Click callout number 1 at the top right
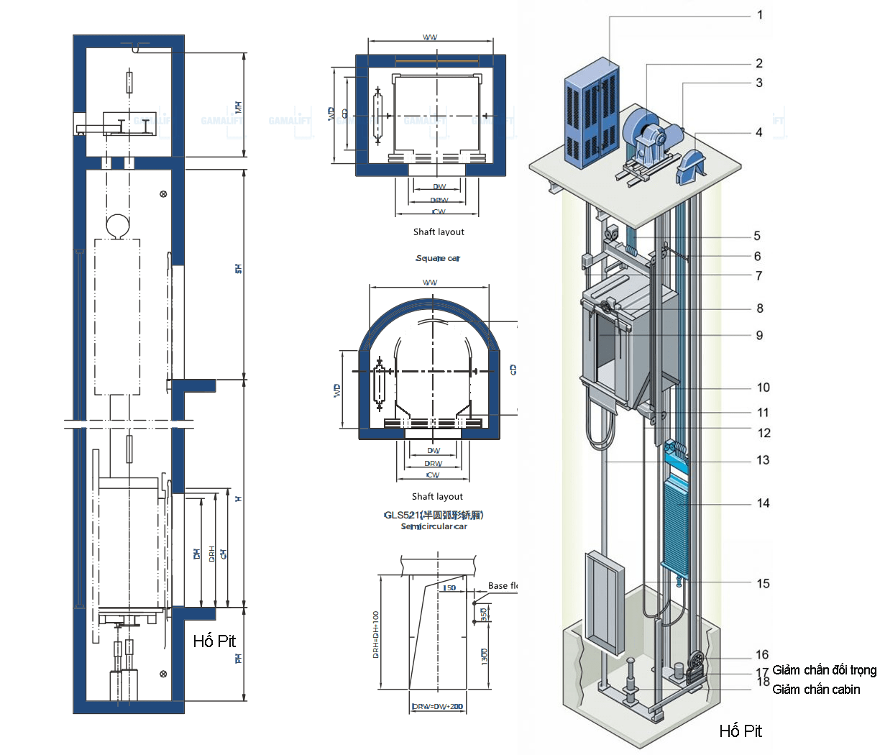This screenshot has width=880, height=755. click(760, 14)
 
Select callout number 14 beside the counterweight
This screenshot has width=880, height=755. click(763, 503)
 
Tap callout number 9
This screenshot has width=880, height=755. click(759, 335)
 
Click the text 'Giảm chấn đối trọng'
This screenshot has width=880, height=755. click(824, 670)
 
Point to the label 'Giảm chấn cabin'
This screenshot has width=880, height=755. click(816, 690)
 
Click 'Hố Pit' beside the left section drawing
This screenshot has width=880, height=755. click(214, 641)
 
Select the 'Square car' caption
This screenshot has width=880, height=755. click(437, 258)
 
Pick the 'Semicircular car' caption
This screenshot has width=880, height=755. click(434, 526)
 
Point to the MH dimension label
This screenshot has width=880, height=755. click(239, 107)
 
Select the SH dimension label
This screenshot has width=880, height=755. click(238, 268)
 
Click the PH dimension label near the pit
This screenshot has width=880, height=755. click(238, 658)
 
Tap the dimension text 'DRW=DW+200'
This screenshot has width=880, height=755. click(437, 707)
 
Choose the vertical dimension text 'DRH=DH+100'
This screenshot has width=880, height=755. click(376, 635)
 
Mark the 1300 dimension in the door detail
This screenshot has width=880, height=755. click(484, 655)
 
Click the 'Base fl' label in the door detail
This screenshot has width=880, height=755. click(503, 586)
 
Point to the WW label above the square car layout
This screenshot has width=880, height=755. click(430, 37)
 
